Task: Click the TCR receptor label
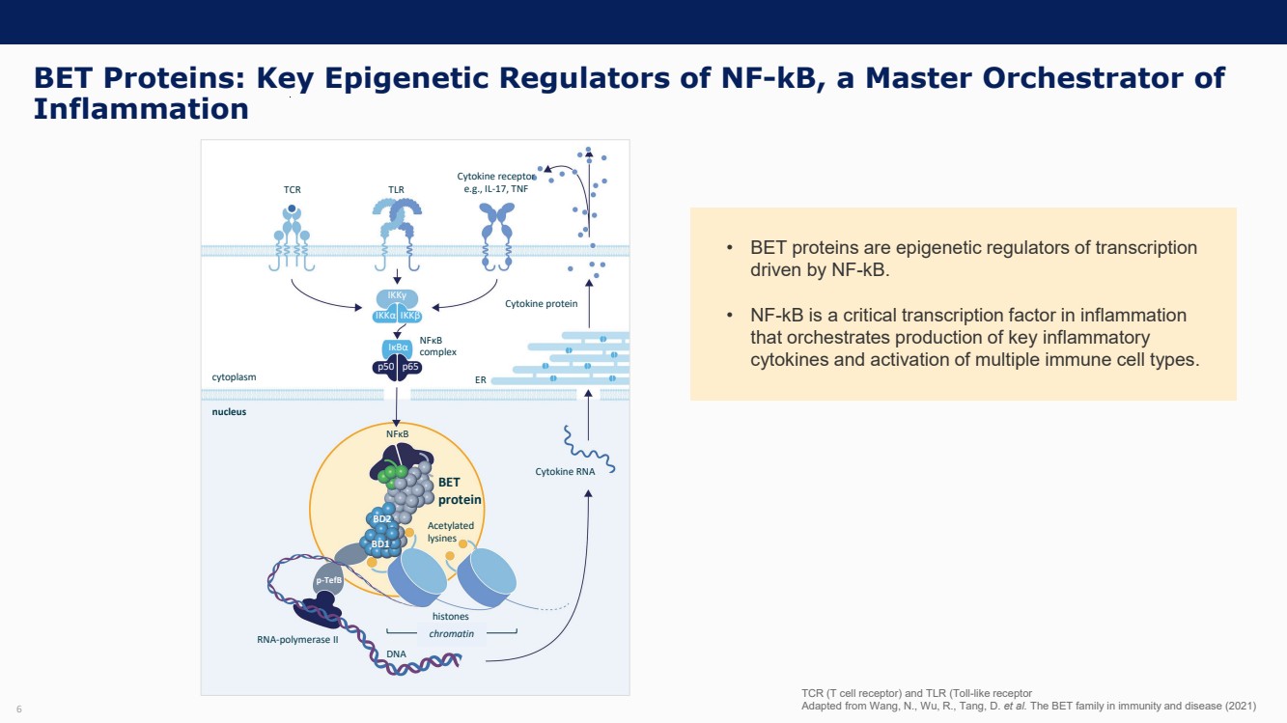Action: point(293,190)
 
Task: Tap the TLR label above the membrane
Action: point(396,190)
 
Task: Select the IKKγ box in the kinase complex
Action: point(396,296)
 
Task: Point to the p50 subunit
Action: point(384,367)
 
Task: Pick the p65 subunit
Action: point(410,367)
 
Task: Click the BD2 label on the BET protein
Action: point(381,519)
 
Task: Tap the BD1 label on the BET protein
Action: point(380,543)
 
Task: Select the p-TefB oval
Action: point(329,580)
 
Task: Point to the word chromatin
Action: point(452,633)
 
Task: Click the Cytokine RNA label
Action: point(565,472)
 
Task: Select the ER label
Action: point(480,380)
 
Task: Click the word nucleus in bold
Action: point(229,411)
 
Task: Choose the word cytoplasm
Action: point(235,377)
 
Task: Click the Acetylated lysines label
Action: point(451,532)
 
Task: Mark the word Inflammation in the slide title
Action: point(141,109)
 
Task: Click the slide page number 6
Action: point(18,710)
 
